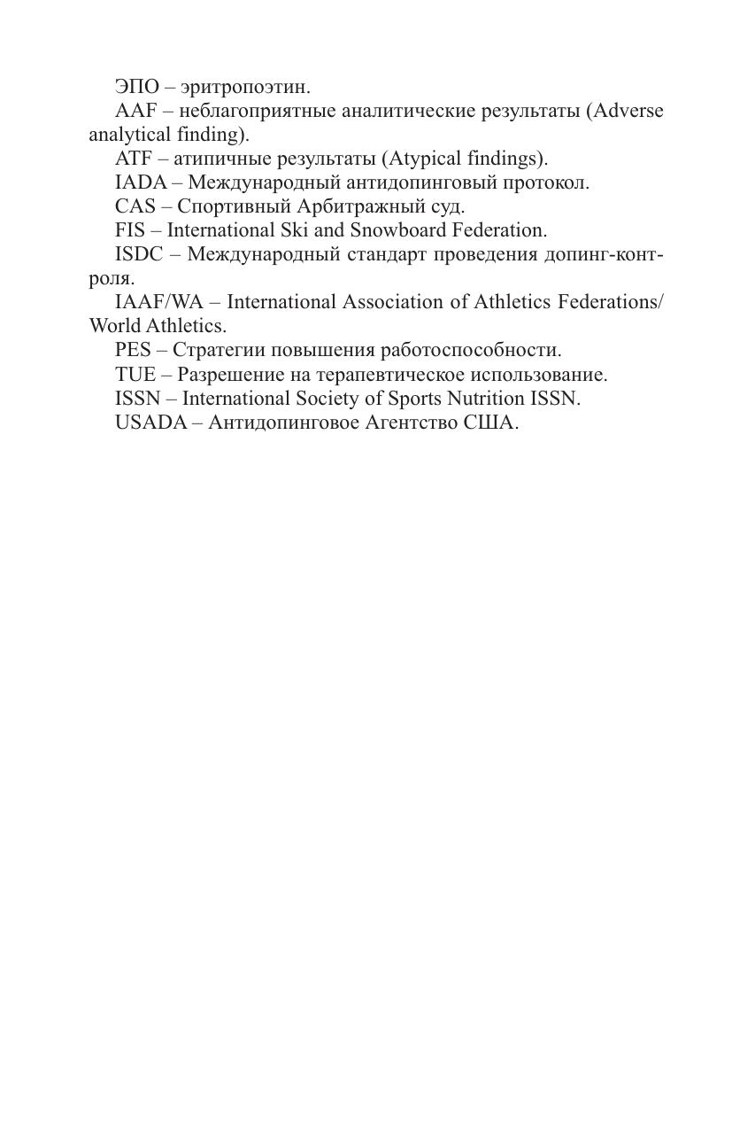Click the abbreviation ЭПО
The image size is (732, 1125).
coord(136,87)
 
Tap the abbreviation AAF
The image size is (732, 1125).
coord(135,111)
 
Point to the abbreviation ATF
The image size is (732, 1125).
coord(134,159)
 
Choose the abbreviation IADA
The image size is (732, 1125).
coord(140,182)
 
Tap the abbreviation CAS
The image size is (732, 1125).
coord(135,206)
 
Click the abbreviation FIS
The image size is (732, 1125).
coord(129,230)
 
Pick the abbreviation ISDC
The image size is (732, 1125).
coord(139,254)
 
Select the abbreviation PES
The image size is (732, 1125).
coord(133,350)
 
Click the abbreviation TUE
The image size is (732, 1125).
coord(135,374)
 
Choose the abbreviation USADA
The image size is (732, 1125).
coord(150,423)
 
